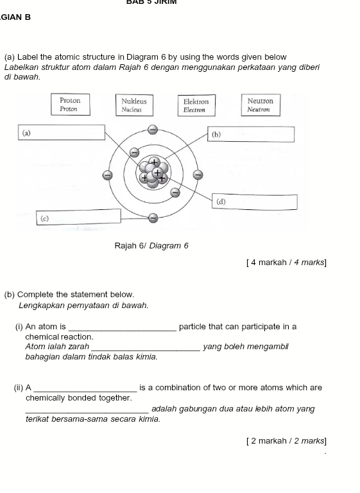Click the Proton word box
71,105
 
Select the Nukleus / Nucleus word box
134,105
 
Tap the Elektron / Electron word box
196,105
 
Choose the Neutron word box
261,105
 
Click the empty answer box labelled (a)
62,132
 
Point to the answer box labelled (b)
251,134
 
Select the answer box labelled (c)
78,217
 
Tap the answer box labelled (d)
255,202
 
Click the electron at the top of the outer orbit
153,129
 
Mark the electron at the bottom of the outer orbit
153,218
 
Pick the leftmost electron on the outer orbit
108,175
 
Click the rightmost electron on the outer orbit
198,174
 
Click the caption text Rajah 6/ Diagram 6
151,246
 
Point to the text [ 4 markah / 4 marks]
286,262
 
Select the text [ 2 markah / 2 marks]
286,441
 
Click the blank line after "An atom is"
123,330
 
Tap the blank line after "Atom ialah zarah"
146,350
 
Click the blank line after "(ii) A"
85,392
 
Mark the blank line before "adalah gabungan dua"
87,412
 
